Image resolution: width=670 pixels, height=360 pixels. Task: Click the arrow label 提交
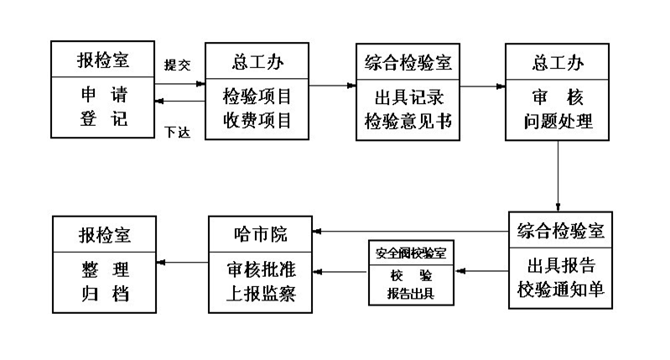[178, 65]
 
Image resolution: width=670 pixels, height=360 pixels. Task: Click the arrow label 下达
[178, 133]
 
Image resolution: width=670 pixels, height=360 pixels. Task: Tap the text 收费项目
[257, 120]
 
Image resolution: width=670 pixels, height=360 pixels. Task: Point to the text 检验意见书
[408, 120]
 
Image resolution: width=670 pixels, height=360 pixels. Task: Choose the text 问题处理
[558, 120]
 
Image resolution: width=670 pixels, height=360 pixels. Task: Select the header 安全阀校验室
[411, 252]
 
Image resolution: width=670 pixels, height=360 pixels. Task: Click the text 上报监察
[260, 295]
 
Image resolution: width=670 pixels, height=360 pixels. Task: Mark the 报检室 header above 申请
[104, 62]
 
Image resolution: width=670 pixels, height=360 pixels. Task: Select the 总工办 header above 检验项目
[257, 62]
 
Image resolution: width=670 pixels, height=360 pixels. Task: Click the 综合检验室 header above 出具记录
[408, 62]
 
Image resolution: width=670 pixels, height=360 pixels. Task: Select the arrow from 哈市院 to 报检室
[182, 263]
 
